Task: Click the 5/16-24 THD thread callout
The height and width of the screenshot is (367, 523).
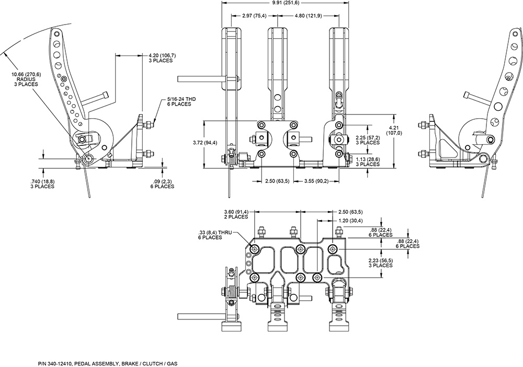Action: (x=179, y=98)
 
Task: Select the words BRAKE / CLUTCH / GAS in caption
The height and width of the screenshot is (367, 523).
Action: (x=156, y=363)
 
